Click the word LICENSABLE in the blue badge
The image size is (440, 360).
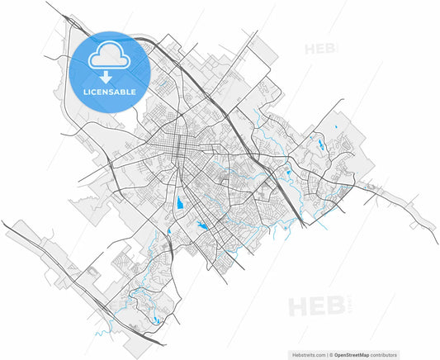110,92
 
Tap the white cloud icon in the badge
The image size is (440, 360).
110,56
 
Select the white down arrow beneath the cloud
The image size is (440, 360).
110,76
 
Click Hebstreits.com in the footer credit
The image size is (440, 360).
310,353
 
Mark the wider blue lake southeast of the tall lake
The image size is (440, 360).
201,225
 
